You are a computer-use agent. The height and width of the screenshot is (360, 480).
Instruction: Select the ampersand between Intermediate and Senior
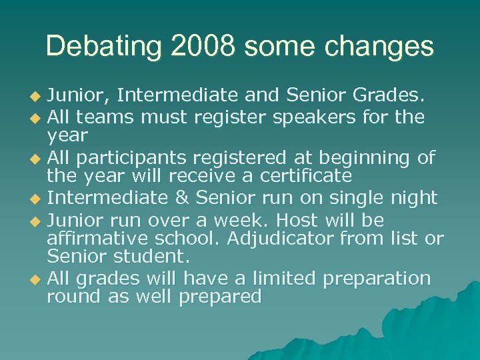185,197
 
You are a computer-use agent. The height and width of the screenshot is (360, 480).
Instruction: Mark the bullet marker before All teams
37,118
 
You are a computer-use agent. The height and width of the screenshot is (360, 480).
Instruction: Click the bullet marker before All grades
37,279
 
